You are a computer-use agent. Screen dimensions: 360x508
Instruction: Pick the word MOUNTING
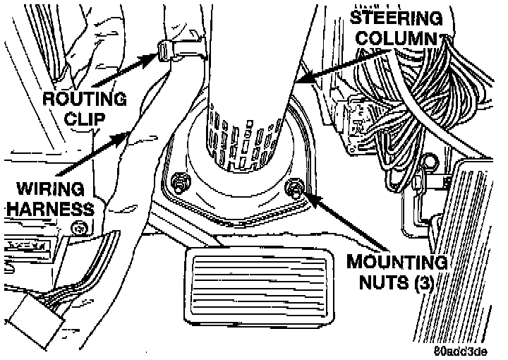[397, 262]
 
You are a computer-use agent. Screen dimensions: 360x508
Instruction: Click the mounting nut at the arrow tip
[295, 187]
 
